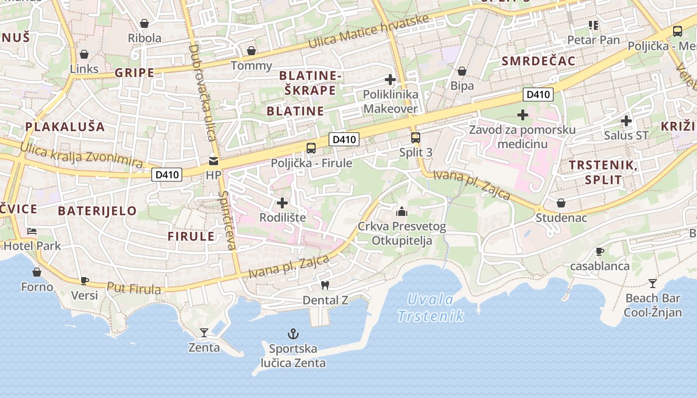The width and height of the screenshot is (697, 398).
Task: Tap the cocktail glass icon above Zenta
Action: click(204, 332)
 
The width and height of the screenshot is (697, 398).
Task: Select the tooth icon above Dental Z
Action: click(325, 286)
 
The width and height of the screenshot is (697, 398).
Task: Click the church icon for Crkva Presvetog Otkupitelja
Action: click(402, 211)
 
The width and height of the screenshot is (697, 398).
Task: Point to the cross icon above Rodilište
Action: click(282, 202)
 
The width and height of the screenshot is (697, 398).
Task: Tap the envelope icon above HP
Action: click(214, 161)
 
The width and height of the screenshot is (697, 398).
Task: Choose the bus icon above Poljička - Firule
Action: click(311, 148)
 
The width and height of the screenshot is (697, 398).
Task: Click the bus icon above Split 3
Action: click(416, 137)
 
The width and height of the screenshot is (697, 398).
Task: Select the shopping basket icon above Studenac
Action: click(561, 203)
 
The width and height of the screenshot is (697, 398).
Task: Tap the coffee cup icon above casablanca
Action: click(600, 251)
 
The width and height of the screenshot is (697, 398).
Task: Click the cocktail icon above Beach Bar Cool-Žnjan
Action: click(653, 284)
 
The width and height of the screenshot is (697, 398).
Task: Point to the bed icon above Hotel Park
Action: click(32, 231)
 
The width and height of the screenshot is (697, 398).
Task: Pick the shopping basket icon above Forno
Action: click(37, 272)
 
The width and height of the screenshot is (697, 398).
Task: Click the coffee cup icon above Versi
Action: click(85, 281)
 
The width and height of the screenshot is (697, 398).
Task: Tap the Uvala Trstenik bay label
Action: click(431, 307)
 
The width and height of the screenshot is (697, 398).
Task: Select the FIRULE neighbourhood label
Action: click(191, 236)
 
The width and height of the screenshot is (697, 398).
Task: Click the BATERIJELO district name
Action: click(97, 210)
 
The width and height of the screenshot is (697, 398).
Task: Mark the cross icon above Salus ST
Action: click(626, 120)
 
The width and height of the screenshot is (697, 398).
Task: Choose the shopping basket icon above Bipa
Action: click(462, 71)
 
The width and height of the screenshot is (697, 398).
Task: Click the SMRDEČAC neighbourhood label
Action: click(539, 61)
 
